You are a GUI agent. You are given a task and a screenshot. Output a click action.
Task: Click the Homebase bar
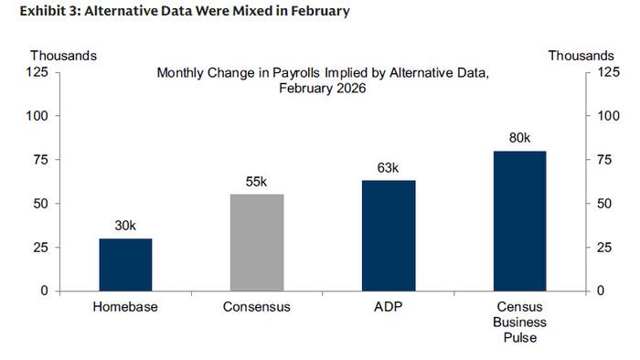click(125, 264)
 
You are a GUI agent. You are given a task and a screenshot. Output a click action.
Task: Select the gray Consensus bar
click(256, 242)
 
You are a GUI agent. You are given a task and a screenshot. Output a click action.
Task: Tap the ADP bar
click(388, 235)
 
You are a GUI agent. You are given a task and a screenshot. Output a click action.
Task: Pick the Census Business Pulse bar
click(519, 220)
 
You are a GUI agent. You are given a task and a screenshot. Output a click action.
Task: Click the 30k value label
click(125, 225)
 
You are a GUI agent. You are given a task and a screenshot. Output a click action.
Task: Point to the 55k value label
click(256, 181)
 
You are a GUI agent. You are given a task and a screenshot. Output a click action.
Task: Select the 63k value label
click(388, 167)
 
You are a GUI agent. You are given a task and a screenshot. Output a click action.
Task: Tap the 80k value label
click(519, 137)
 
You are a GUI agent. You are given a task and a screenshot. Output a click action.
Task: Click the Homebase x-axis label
click(125, 307)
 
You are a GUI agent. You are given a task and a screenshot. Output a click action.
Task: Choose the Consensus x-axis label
click(256, 307)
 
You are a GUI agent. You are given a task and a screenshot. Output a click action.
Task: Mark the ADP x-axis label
click(388, 307)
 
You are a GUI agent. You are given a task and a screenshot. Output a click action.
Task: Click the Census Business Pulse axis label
click(519, 323)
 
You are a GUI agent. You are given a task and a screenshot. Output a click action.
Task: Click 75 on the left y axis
click(41, 160)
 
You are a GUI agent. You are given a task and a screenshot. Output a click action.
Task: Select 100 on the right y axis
click(607, 116)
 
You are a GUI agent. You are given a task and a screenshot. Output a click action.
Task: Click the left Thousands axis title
click(63, 56)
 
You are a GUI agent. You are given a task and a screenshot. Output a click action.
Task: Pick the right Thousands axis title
click(581, 56)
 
